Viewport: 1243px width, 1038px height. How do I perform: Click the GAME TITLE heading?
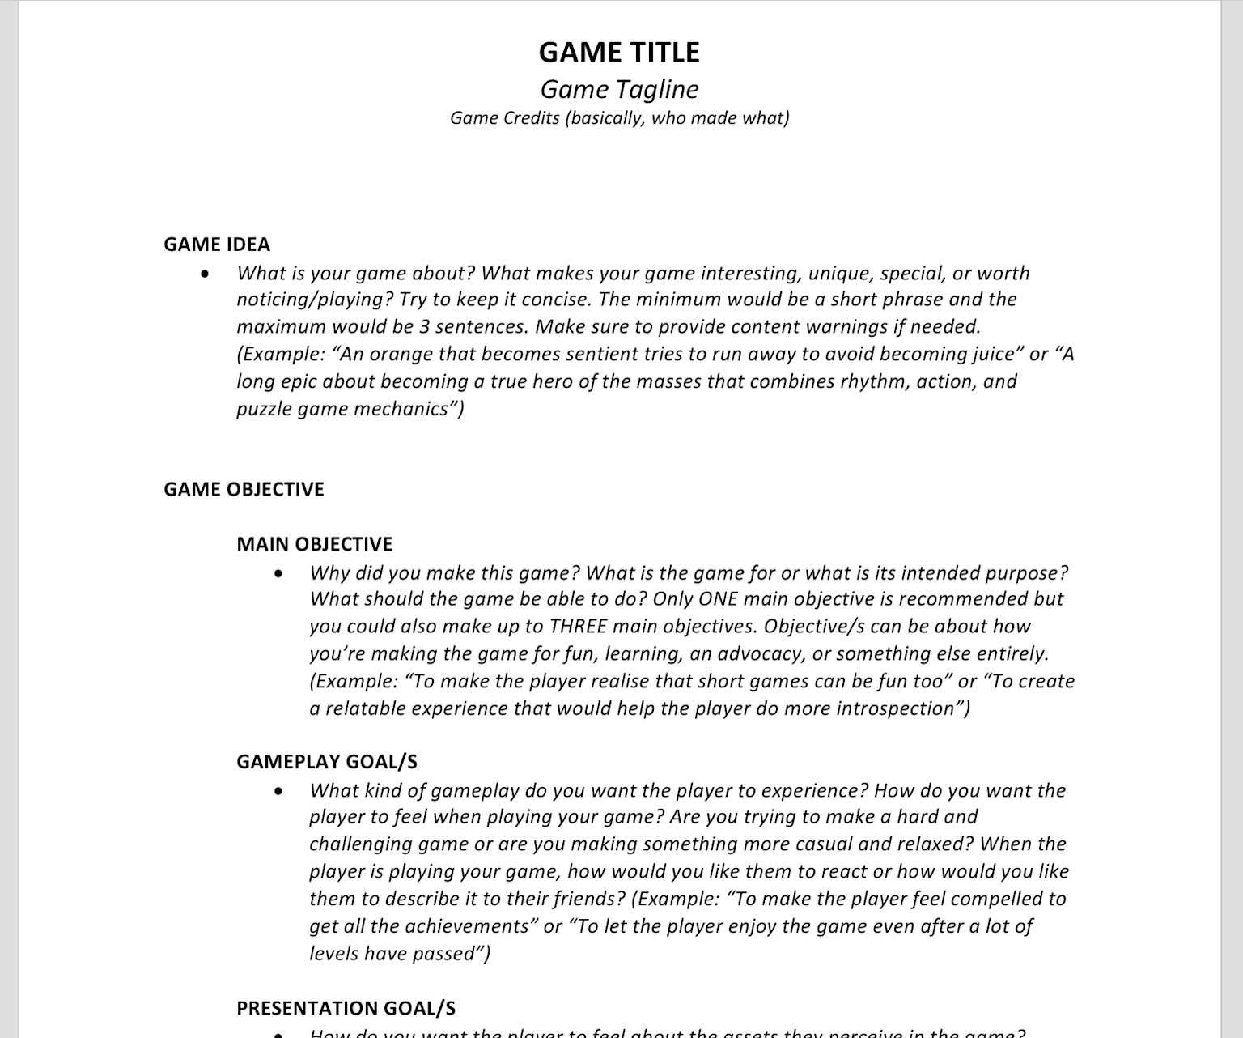(x=619, y=53)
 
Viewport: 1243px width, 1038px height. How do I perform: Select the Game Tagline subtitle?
(x=619, y=89)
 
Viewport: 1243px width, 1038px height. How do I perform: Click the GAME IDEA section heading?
(x=217, y=245)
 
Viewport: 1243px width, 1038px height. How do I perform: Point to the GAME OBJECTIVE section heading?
(x=244, y=489)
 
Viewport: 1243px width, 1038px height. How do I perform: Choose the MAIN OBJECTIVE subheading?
(x=315, y=544)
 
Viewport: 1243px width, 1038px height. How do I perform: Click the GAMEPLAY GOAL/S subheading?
(x=327, y=762)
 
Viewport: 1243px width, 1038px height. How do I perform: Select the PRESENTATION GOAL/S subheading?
(x=346, y=1008)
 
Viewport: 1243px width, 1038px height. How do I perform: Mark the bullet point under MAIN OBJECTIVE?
(x=279, y=574)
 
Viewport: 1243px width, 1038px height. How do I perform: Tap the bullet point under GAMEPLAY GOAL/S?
(x=279, y=791)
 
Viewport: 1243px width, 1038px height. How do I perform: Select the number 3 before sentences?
(x=425, y=327)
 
